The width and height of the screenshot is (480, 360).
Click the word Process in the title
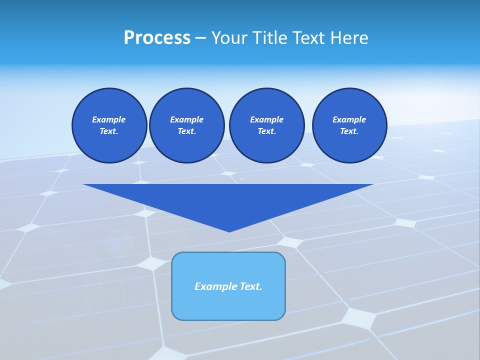tap(157, 38)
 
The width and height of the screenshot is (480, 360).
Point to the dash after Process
tap(200, 38)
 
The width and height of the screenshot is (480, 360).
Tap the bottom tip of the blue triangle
tap(229, 230)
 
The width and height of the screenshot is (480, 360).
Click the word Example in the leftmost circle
tap(109, 119)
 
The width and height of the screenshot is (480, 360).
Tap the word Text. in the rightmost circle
tap(349, 131)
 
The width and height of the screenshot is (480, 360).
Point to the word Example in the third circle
tap(267, 119)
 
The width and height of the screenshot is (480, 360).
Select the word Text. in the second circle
tap(187, 131)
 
